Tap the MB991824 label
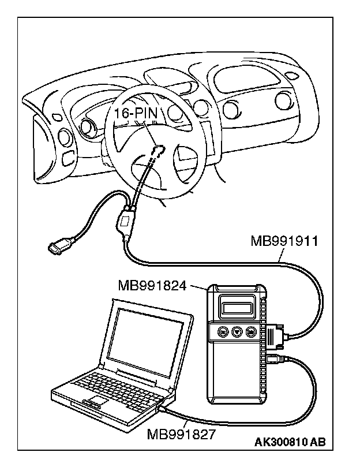152,285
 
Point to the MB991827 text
179,432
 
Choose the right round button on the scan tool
251,332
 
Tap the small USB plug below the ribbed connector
275,360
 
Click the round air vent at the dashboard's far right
283,101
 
